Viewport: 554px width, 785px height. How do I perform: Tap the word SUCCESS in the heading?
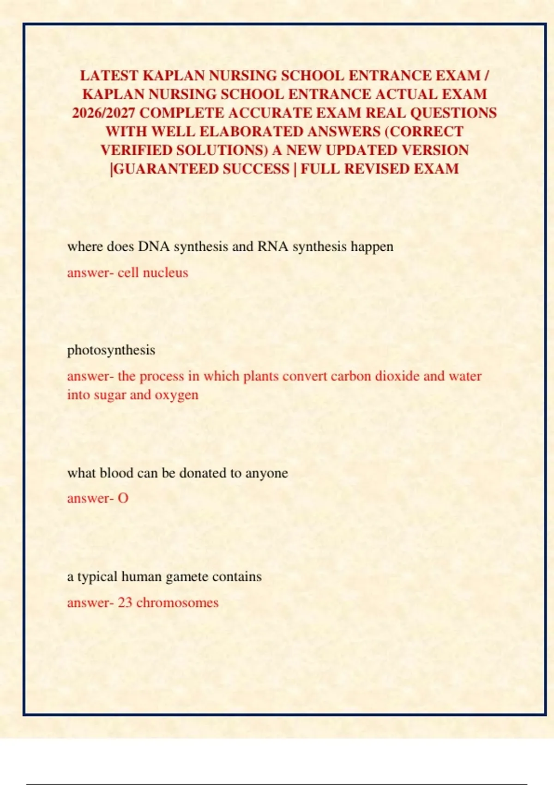point(256,169)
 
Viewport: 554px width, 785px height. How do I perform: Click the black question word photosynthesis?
point(111,350)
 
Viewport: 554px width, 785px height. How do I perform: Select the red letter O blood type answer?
point(123,498)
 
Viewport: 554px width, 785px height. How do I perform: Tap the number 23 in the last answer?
point(125,603)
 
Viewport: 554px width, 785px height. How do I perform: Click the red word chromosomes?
point(177,603)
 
